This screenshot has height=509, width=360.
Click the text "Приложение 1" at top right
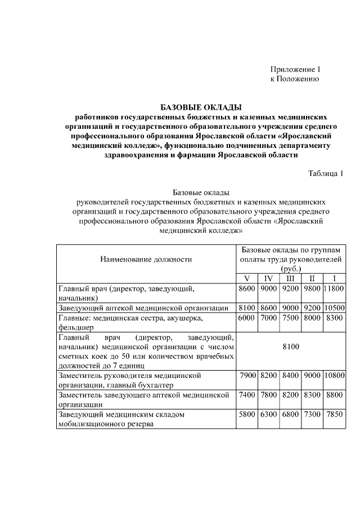click(x=295, y=69)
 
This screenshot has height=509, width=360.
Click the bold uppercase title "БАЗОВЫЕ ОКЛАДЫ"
click(x=201, y=106)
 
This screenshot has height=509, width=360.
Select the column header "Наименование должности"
click(x=146, y=259)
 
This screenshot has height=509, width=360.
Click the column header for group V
click(x=246, y=279)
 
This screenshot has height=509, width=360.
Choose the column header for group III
click(x=290, y=279)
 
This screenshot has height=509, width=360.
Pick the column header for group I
click(x=335, y=279)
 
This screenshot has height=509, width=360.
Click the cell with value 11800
click(x=335, y=289)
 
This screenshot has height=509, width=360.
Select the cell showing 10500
click(x=335, y=308)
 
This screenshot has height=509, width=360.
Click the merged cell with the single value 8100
click(x=291, y=347)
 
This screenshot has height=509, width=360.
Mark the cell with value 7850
click(x=335, y=415)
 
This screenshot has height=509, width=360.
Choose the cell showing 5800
click(x=247, y=415)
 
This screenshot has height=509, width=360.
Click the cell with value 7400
click(x=247, y=395)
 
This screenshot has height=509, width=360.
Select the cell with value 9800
click(x=312, y=289)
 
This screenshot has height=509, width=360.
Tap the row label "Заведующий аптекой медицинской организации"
click(x=143, y=308)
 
